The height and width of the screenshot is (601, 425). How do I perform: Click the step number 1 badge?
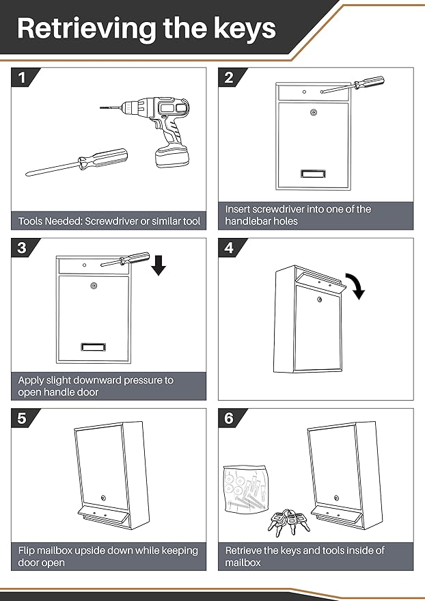(x=22, y=78)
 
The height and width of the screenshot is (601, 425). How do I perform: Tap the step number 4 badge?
(x=229, y=248)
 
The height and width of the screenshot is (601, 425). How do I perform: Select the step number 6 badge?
(x=229, y=418)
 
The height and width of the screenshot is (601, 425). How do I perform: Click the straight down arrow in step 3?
(x=159, y=264)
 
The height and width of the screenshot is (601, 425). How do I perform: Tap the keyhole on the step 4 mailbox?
(x=318, y=299)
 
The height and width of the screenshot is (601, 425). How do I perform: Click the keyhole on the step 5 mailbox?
(x=102, y=498)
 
